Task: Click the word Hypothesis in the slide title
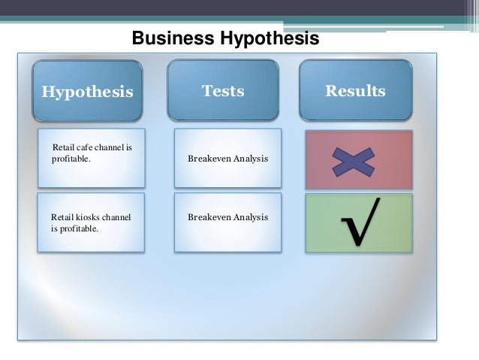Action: click(x=267, y=38)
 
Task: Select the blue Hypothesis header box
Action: click(x=87, y=92)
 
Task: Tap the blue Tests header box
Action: click(x=223, y=91)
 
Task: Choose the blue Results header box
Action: click(x=355, y=91)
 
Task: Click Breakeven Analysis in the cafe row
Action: click(x=227, y=159)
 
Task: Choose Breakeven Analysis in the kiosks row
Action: click(x=227, y=217)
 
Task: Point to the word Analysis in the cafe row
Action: click(x=251, y=159)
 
